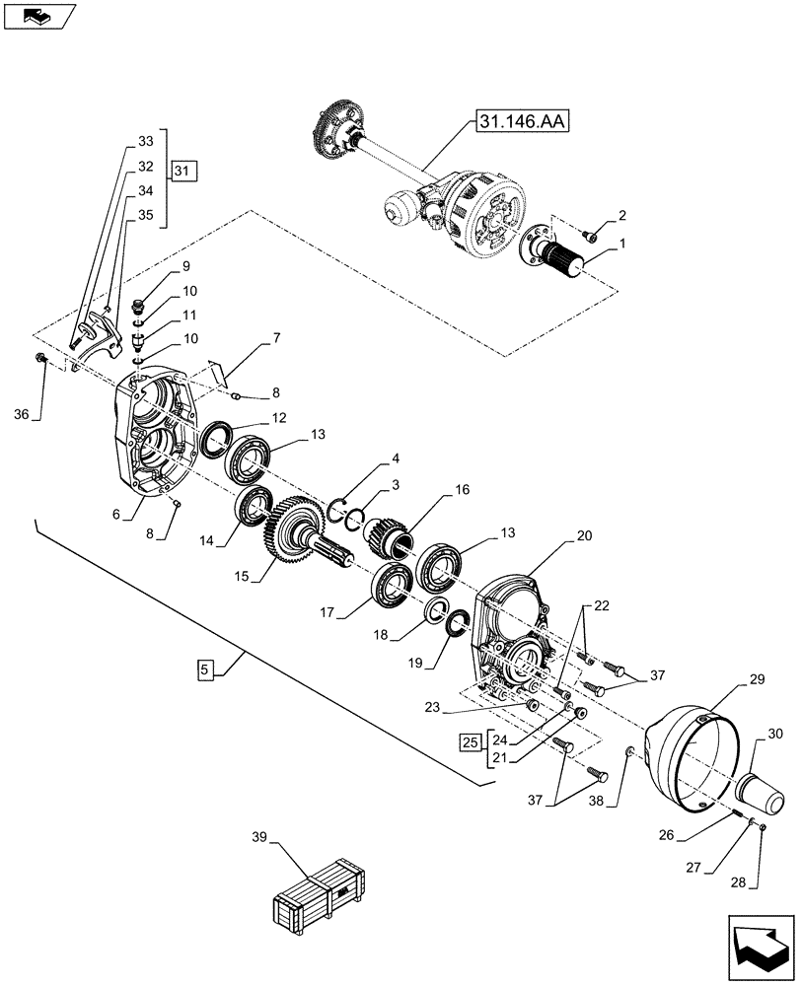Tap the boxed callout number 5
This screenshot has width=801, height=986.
click(203, 670)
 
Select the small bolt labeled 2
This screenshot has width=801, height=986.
click(590, 235)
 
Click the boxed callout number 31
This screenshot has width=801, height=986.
click(182, 171)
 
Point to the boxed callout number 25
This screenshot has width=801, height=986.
click(472, 740)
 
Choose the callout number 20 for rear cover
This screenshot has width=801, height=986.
click(584, 536)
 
